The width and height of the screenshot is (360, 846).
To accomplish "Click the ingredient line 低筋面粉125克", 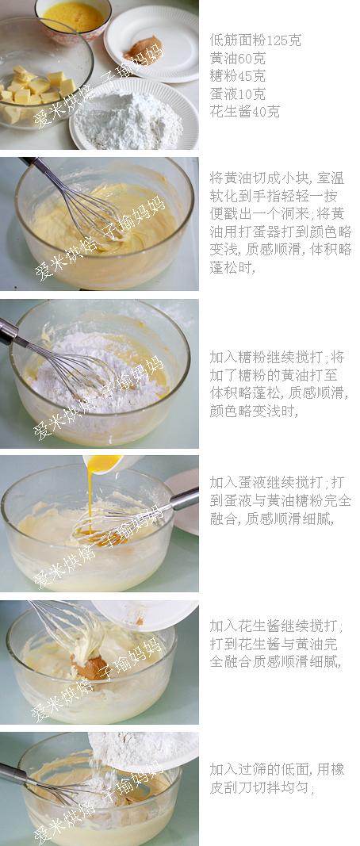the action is coord(255,40).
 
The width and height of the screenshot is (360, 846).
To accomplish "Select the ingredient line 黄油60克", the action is coord(237,58).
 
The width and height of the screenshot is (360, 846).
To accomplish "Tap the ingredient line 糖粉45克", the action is coord(237,76).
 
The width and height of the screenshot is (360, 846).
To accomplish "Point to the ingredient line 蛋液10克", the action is coord(237,94).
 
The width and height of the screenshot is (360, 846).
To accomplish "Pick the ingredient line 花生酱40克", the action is coord(244,112).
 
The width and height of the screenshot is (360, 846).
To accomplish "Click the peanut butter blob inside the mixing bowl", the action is coord(90,667).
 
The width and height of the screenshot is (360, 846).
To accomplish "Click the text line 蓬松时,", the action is coord(232,267).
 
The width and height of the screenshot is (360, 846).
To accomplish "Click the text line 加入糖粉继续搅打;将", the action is coord(277,357).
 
